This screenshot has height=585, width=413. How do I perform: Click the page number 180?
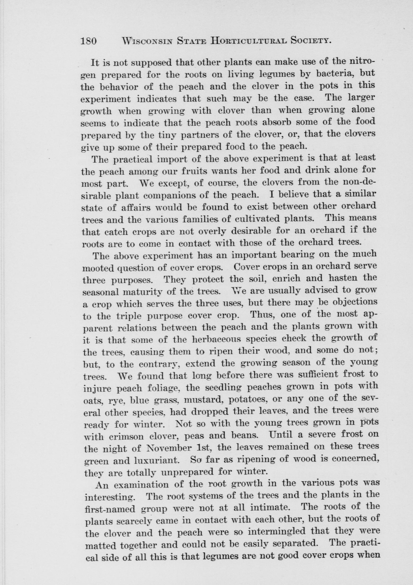coord(89,41)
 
